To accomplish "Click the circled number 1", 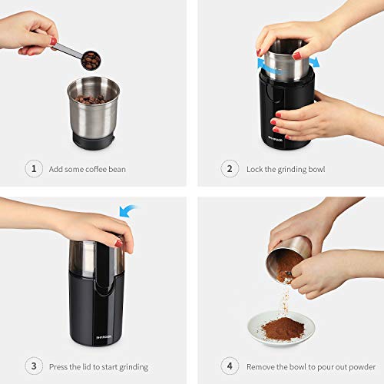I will pyautogui.click(x=34, y=169).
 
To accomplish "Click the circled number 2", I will pyautogui.click(x=228, y=169).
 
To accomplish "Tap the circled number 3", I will pyautogui.click(x=34, y=365).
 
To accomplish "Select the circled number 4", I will pyautogui.click(x=228, y=365).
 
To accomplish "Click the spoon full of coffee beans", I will pyautogui.click(x=90, y=60).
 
